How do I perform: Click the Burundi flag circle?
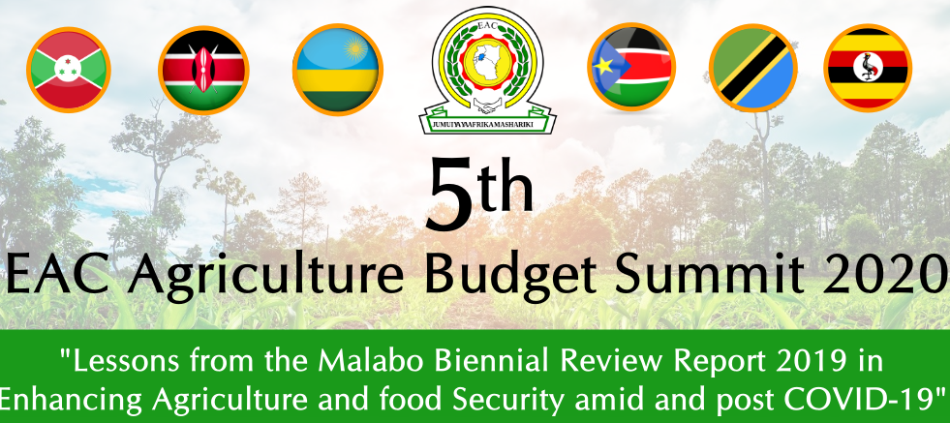(69, 70)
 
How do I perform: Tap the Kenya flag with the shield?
(203, 71)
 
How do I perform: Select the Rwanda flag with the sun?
(337, 70)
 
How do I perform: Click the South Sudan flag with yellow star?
(631, 67)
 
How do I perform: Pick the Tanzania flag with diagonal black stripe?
(753, 68)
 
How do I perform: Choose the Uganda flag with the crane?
(868, 68)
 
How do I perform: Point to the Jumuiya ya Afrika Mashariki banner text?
(485, 124)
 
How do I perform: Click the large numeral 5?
(449, 194)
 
